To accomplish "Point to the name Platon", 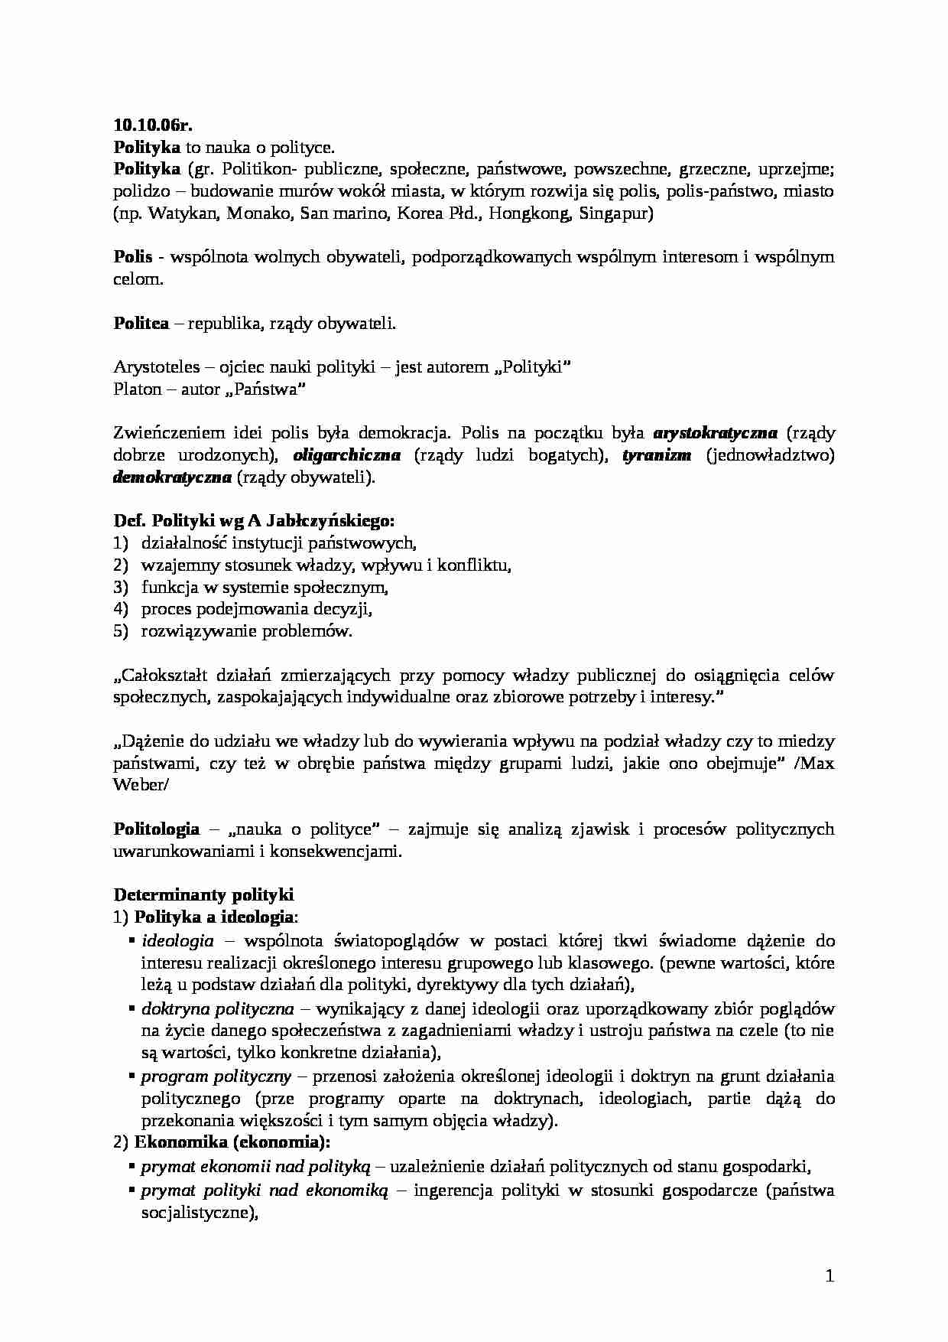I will (138, 389).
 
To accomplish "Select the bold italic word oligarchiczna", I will (347, 455).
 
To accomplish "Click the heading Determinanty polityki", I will (203, 895).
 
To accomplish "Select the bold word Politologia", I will (157, 829).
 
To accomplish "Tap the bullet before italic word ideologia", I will (133, 939).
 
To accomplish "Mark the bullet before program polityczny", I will (133, 1075).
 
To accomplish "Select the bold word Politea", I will (141, 324).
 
